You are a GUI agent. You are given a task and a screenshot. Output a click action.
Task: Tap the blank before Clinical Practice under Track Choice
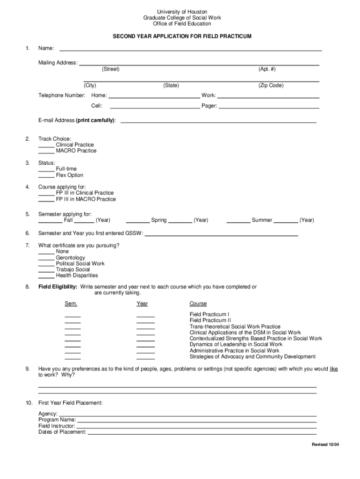point(46,145)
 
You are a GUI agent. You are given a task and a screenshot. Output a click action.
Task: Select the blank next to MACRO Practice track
point(46,152)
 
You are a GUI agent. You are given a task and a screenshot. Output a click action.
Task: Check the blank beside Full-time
point(46,169)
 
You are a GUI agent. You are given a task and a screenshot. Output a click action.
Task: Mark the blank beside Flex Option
point(46,176)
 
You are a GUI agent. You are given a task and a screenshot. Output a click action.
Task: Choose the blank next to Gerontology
point(46,258)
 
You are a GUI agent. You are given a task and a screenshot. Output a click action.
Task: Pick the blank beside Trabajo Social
point(46,270)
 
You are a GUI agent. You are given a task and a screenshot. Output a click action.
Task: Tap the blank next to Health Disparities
point(46,276)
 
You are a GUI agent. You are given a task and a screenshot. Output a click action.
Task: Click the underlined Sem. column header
point(71,304)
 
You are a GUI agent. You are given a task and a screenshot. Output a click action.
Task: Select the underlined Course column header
point(198,304)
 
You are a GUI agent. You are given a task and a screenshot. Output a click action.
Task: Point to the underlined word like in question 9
point(334,369)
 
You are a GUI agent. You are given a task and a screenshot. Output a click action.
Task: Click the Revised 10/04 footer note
point(325,444)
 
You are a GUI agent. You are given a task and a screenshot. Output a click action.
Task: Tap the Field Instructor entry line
point(196,427)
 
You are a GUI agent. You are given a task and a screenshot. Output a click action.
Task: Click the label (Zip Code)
point(271,86)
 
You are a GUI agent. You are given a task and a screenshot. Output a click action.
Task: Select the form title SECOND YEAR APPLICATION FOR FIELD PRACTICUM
point(182,36)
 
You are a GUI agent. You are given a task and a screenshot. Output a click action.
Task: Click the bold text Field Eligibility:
point(58,287)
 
